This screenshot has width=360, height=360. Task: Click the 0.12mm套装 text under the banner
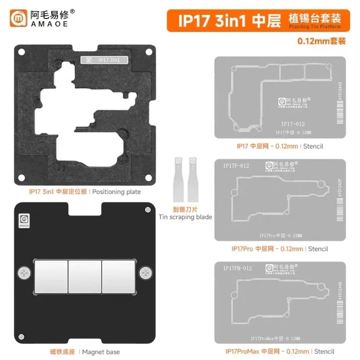(x=321, y=41)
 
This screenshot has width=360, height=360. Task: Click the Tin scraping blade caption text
(x=185, y=217)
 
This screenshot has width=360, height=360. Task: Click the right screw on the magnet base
(x=146, y=274)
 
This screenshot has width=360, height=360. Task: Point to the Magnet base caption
(x=85, y=352)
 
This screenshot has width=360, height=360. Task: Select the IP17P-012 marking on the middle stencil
(x=236, y=166)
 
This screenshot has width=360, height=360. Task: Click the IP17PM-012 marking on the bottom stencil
(x=237, y=268)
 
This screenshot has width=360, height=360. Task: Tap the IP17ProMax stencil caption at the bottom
(x=280, y=351)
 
